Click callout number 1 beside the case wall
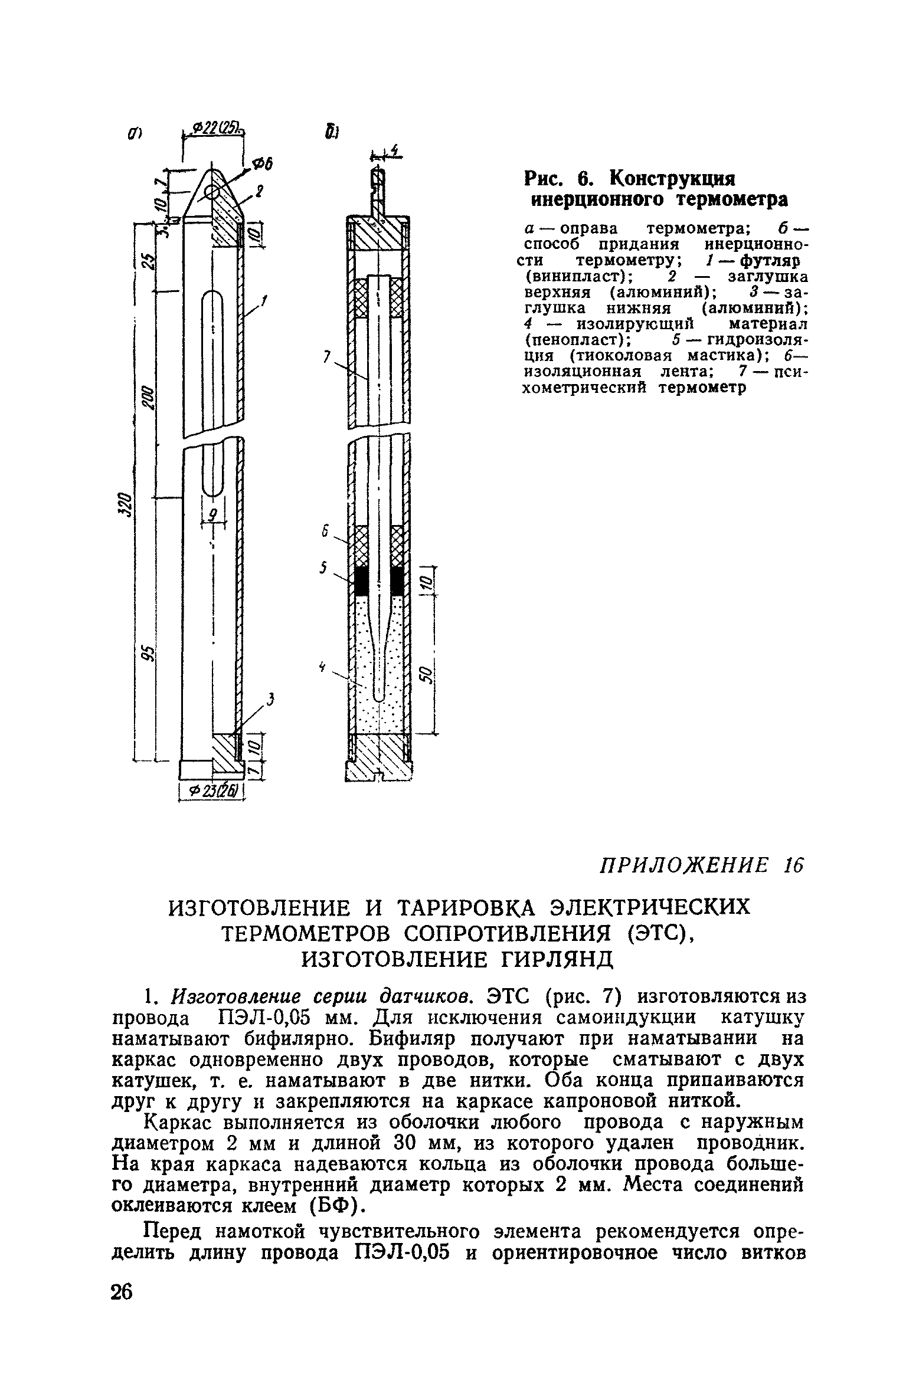click(x=265, y=303)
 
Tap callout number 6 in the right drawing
click(x=324, y=532)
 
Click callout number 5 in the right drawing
click(x=323, y=568)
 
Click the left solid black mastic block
click(x=361, y=581)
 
